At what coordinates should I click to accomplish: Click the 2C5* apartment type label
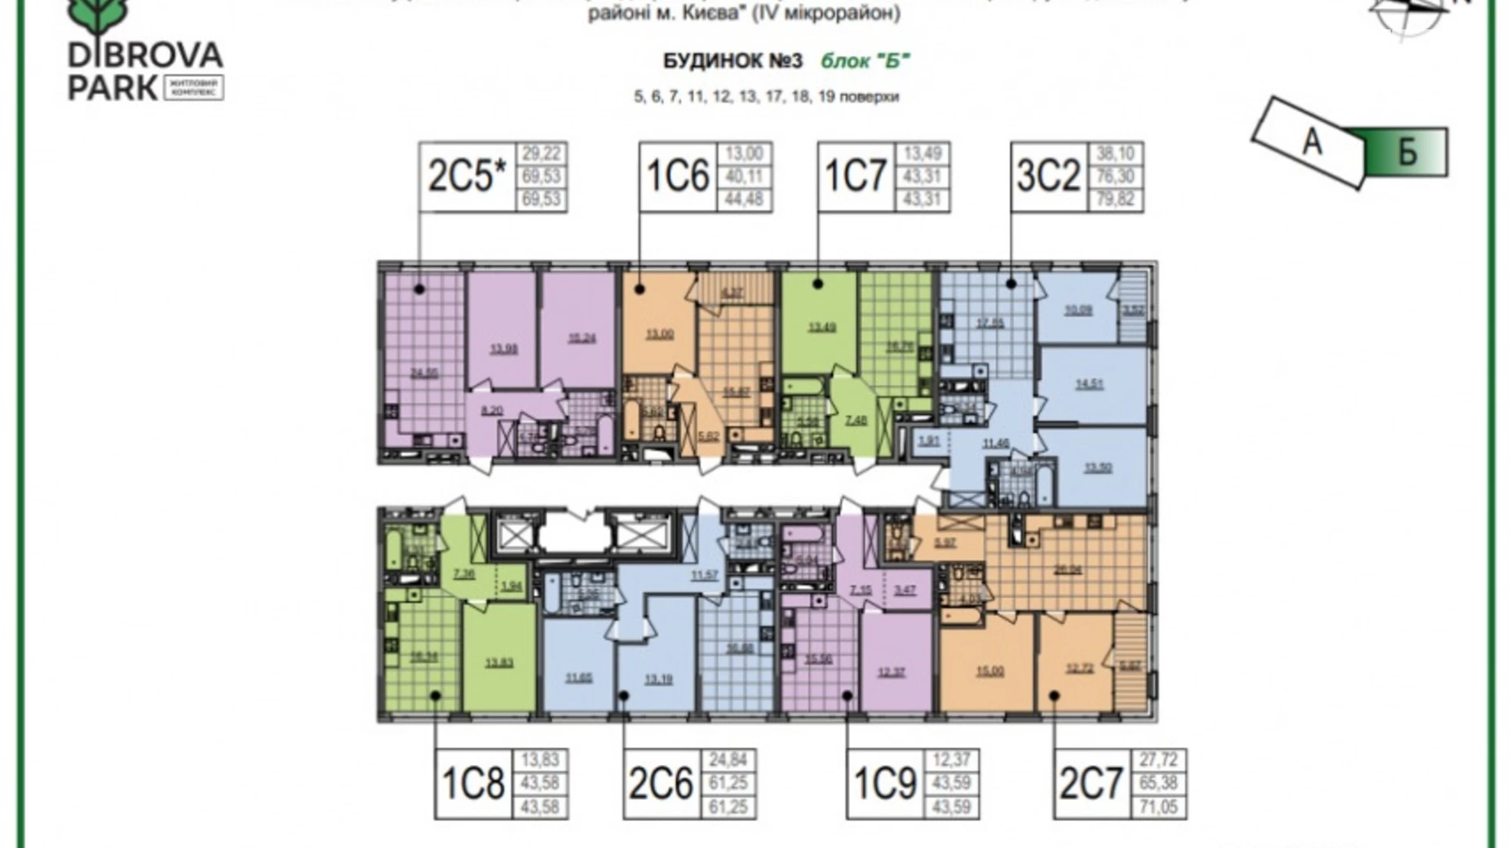pyautogui.click(x=467, y=177)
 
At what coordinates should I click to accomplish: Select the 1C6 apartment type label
pyautogui.click(x=678, y=177)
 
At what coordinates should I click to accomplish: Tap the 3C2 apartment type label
pyautogui.click(x=1049, y=177)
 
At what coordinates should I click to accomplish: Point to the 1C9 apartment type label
pyautogui.click(x=885, y=784)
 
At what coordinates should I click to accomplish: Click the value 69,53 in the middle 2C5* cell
pyautogui.click(x=542, y=177)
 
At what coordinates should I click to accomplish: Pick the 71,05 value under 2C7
pyautogui.click(x=1159, y=807)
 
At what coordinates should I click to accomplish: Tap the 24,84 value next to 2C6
pyautogui.click(x=728, y=760)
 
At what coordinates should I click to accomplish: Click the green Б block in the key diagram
pyautogui.click(x=1406, y=152)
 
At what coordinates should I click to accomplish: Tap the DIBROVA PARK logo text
pyautogui.click(x=145, y=69)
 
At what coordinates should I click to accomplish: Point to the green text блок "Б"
pyautogui.click(x=865, y=61)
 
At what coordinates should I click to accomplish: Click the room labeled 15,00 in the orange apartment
pyautogui.click(x=989, y=672)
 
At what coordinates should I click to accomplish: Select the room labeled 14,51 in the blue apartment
pyautogui.click(x=1089, y=384)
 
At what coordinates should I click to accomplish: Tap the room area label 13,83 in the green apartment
pyautogui.click(x=499, y=664)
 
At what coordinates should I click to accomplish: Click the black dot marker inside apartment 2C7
pyautogui.click(x=1055, y=696)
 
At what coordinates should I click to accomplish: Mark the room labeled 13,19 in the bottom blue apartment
pyautogui.click(x=658, y=678)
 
